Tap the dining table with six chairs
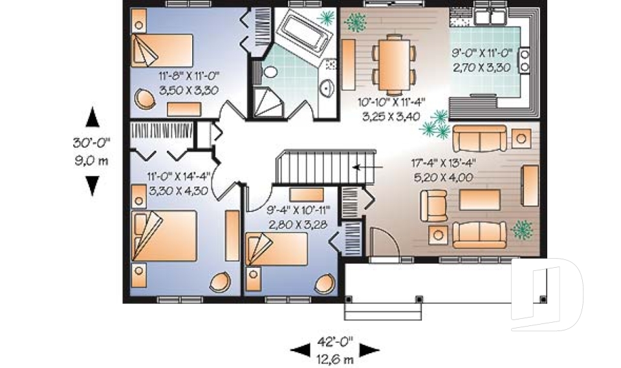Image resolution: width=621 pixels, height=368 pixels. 393,59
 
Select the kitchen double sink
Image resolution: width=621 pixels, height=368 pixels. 490,15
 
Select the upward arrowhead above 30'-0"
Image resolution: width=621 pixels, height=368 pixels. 93,118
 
